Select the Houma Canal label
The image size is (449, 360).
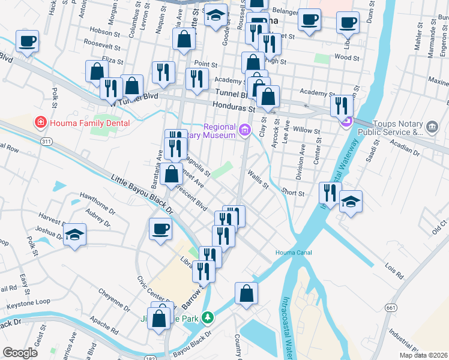(294, 253)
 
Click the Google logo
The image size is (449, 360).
(20, 353)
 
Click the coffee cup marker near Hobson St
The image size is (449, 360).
(27, 42)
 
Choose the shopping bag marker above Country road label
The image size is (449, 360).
(246, 293)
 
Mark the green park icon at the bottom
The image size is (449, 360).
(207, 316)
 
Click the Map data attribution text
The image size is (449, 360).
(424, 355)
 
